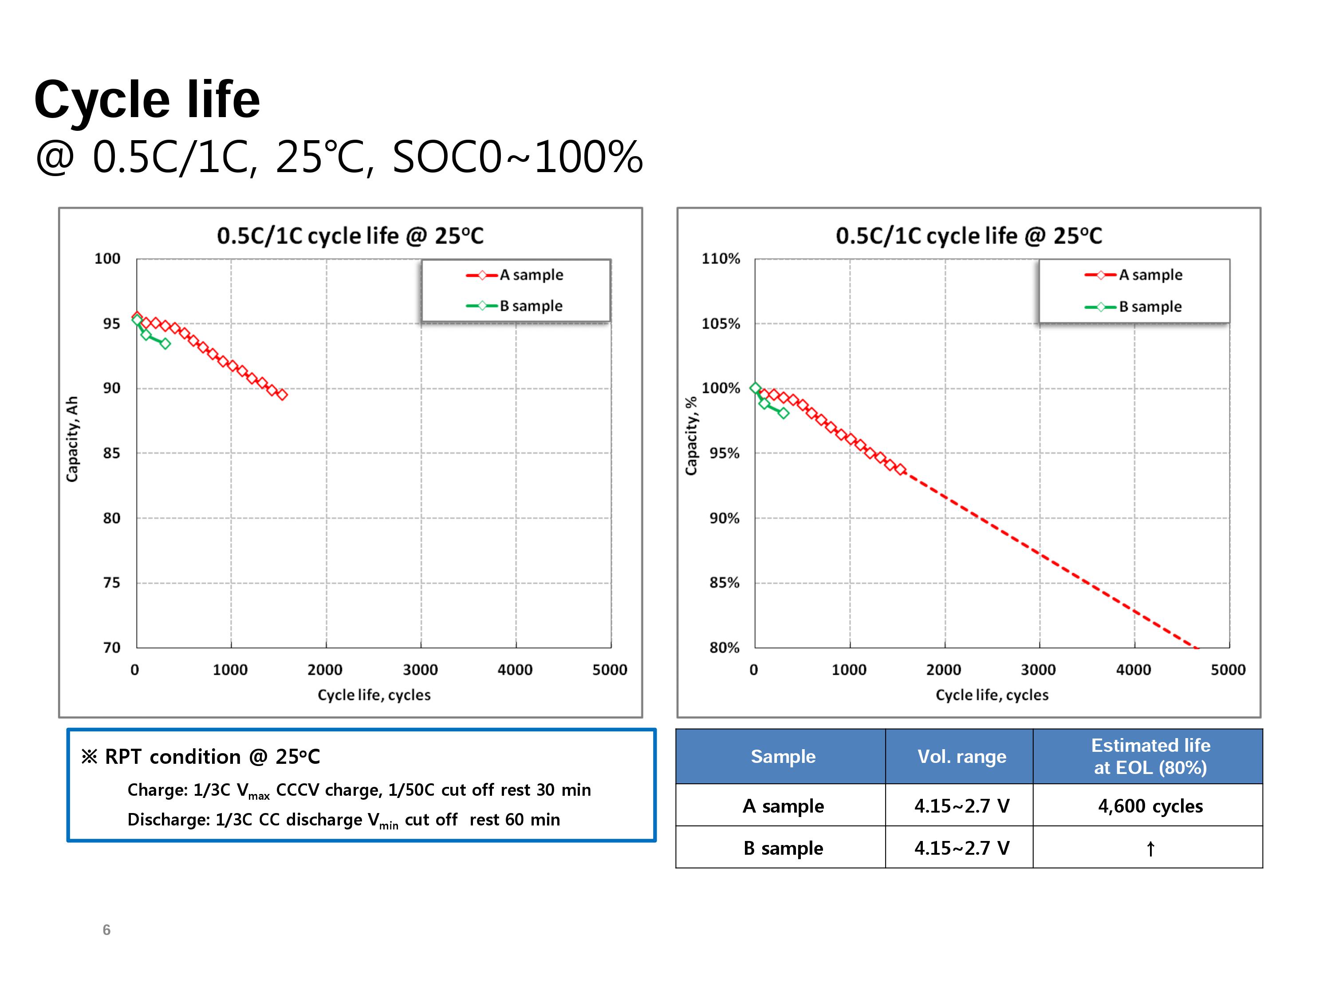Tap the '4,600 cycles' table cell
pyautogui.click(x=1150, y=805)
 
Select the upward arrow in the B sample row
pyautogui.click(x=1150, y=848)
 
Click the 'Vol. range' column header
pyautogui.click(x=961, y=756)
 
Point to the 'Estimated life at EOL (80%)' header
pyautogui.click(x=1150, y=756)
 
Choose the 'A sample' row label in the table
pyautogui.click(x=783, y=805)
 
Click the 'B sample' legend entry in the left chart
pyautogui.click(x=515, y=306)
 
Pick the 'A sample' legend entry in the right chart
pyautogui.click(x=1134, y=275)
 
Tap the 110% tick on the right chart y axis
pyautogui.click(x=721, y=259)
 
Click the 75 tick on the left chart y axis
pyautogui.click(x=111, y=582)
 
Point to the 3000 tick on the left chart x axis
pyautogui.click(x=420, y=669)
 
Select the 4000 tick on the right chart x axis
pyautogui.click(x=1133, y=669)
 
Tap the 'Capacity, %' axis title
pyautogui.click(x=691, y=436)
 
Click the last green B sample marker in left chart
pyautogui.click(x=165, y=343)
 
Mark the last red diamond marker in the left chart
pyautogui.click(x=282, y=395)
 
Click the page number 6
pyautogui.click(x=106, y=930)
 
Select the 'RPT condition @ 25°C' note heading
pyautogui.click(x=201, y=756)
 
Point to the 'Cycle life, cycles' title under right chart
pyautogui.click(x=992, y=695)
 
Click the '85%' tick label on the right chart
pyautogui.click(x=725, y=582)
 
